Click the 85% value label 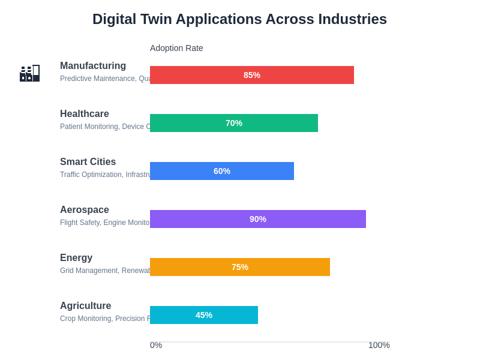252,75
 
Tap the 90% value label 258,219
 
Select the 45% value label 204,315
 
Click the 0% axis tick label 156,345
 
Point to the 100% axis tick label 379,345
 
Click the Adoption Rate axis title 176,48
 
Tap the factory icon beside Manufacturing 29,73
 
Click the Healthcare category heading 85,114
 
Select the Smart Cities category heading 88,162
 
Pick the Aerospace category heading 85,210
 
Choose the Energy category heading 76,258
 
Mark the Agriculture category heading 85,306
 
